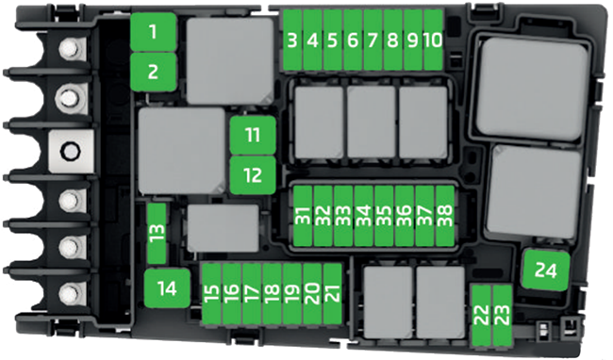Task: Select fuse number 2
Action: [153, 70]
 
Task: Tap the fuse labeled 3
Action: [293, 41]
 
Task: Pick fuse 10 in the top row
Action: [433, 41]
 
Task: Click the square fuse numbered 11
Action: [252, 136]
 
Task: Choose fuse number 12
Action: [252, 174]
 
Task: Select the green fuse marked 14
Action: [167, 287]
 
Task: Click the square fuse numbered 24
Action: [544, 271]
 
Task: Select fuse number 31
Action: [303, 216]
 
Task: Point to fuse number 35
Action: [384, 216]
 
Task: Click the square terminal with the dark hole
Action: [69, 150]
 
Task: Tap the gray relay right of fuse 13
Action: [223, 228]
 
